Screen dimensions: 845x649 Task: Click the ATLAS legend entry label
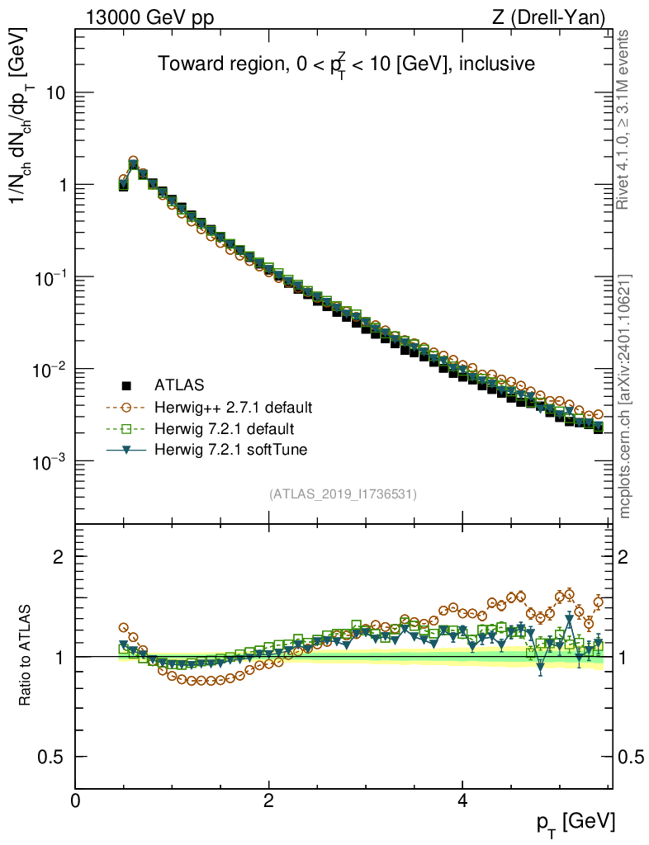179,385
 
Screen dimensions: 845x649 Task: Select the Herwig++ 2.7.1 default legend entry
233,407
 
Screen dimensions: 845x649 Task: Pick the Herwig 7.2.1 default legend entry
224,429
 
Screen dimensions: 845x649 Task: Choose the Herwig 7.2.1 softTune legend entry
230,450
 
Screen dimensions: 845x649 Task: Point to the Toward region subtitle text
348,64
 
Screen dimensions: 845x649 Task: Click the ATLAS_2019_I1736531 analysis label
343,494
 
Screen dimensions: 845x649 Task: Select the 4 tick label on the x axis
462,800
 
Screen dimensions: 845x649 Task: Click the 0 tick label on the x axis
76,800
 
